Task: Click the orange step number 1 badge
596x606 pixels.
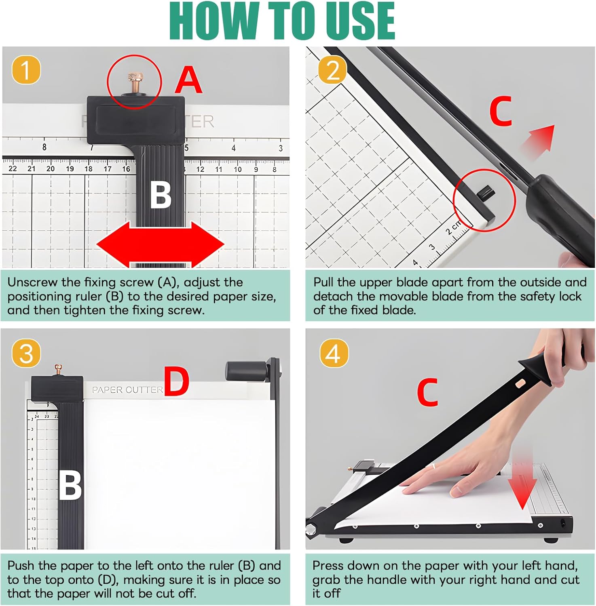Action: (26, 70)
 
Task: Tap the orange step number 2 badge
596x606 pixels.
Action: (332, 70)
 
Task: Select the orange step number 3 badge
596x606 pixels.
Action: (26, 353)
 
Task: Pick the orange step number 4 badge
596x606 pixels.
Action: (334, 353)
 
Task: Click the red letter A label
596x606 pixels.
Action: (188, 80)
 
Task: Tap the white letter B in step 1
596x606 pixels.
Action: (161, 194)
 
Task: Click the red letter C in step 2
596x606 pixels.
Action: (501, 111)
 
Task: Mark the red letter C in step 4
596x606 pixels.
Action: (427, 392)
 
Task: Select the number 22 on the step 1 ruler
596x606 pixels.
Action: (13, 168)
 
